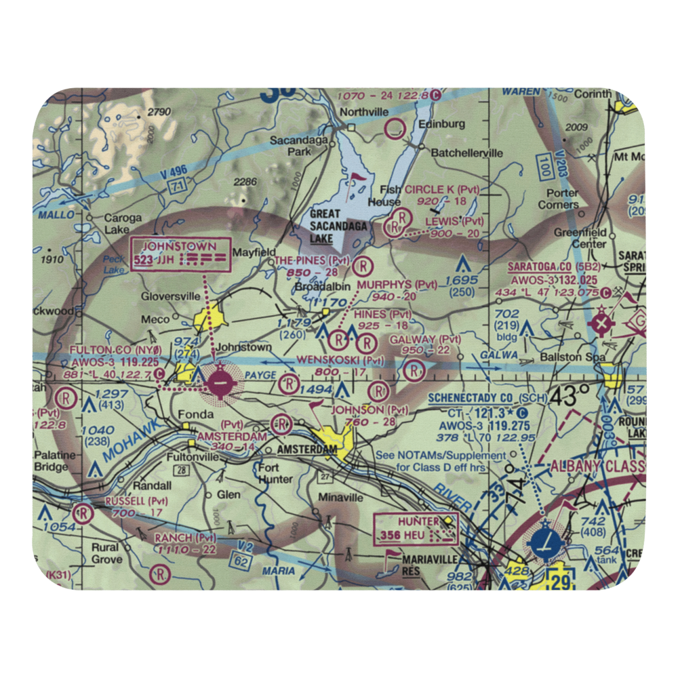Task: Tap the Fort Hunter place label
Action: click(275, 473)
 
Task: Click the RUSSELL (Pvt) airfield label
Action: click(136, 500)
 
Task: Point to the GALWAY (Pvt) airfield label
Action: click(424, 339)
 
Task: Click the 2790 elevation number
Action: click(159, 111)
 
